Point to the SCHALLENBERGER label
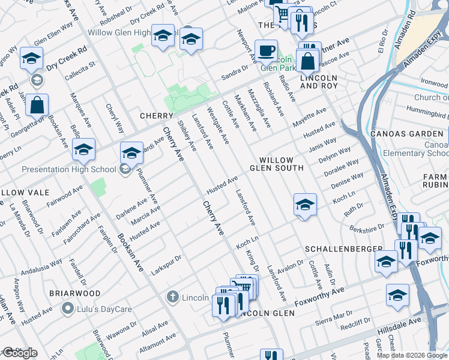(x=343, y=248)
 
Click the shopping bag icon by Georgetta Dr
(x=37, y=105)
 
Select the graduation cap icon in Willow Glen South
(x=305, y=205)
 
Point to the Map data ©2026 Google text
(x=412, y=355)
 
